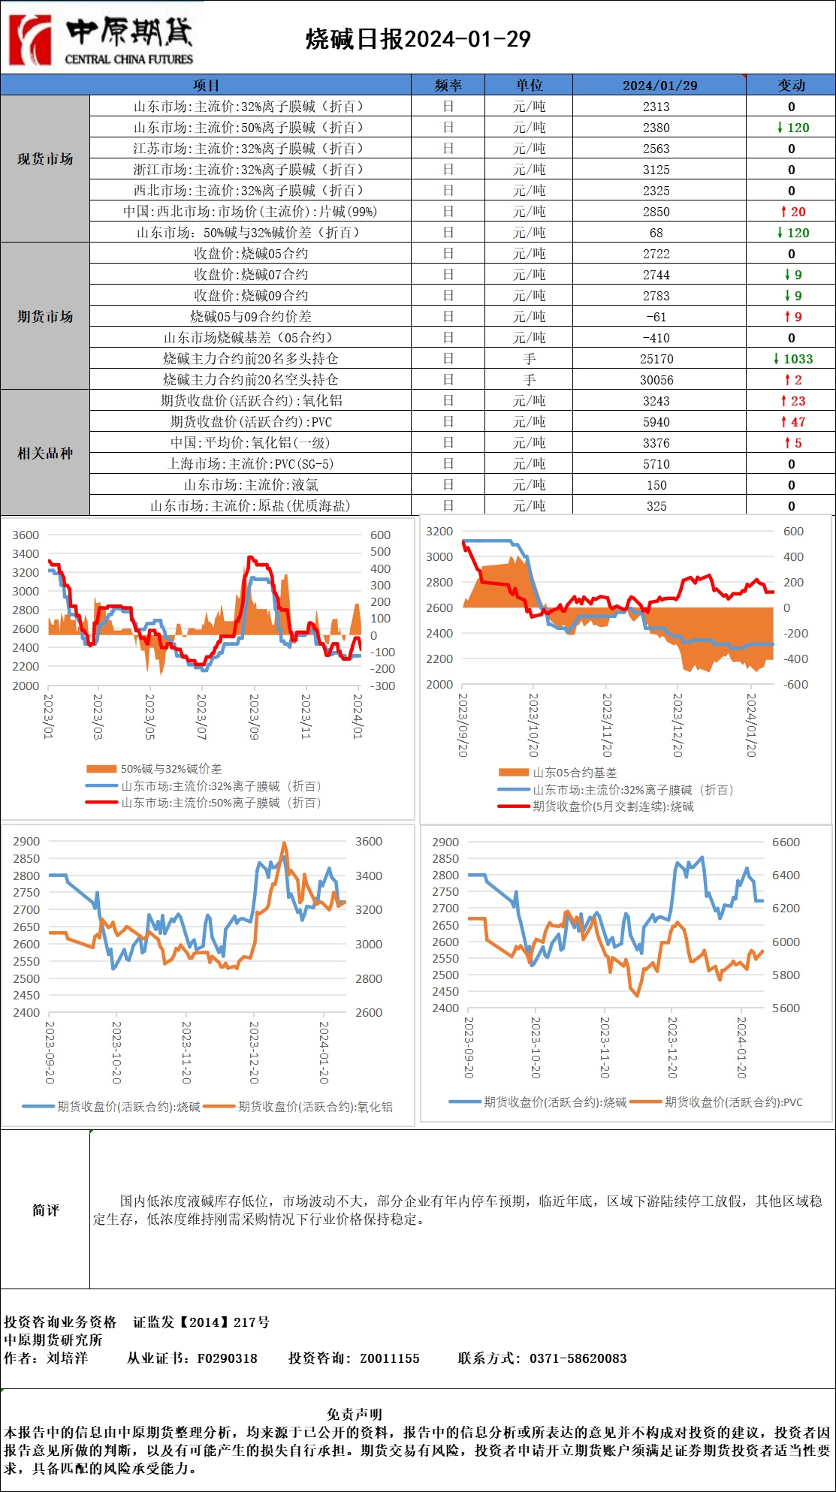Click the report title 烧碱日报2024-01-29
click(418, 40)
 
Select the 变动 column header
click(791, 85)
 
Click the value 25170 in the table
click(656, 359)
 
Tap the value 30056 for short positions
click(656, 380)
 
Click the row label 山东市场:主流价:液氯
click(251, 485)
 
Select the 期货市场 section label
click(45, 316)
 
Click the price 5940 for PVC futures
click(656, 422)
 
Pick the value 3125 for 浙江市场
click(656, 170)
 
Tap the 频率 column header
click(448, 85)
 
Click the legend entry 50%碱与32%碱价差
click(171, 769)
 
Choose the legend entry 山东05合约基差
click(575, 773)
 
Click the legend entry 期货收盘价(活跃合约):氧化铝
click(315, 1106)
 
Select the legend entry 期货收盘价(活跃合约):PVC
click(733, 1102)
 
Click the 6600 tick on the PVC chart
click(786, 842)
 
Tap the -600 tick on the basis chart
click(795, 684)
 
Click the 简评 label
click(45, 1210)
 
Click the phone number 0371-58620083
click(578, 1358)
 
